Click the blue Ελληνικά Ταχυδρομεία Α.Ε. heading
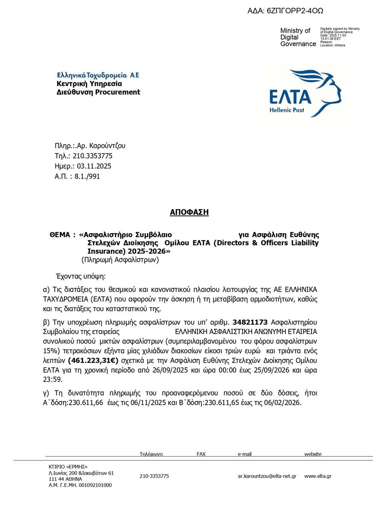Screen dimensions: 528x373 [98, 75]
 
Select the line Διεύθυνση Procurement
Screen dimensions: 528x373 [98, 92]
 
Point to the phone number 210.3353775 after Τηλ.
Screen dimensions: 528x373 [93, 156]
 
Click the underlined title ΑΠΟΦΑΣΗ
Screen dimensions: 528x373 [189, 212]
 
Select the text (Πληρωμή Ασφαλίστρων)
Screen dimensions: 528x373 [120, 260]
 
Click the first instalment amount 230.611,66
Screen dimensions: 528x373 [88, 403]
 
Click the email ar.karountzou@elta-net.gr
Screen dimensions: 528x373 [267, 476]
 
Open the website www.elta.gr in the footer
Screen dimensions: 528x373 [318, 476]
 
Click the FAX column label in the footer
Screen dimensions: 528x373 [201, 454]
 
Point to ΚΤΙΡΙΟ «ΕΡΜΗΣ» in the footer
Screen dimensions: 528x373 [68, 467]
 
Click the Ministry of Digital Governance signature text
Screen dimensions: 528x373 [298, 37]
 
